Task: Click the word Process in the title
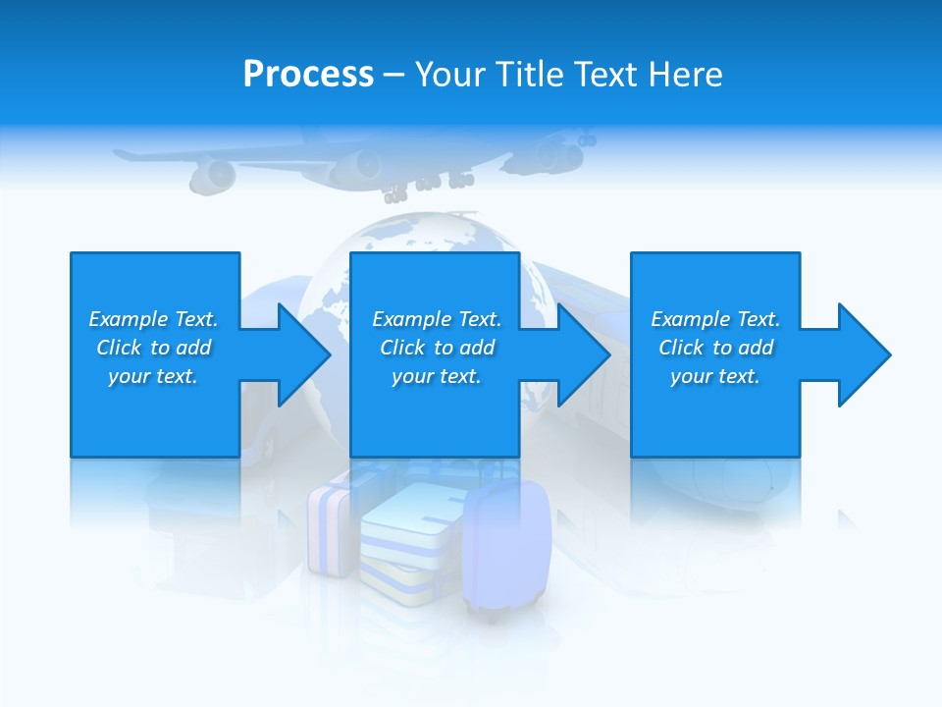pos(308,75)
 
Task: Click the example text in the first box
pos(153,348)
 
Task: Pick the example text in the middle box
pos(436,348)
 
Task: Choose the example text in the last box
pos(715,348)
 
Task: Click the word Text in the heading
pos(607,75)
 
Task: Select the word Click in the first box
pos(120,348)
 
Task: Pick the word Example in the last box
pos(690,319)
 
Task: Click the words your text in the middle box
pos(436,376)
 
